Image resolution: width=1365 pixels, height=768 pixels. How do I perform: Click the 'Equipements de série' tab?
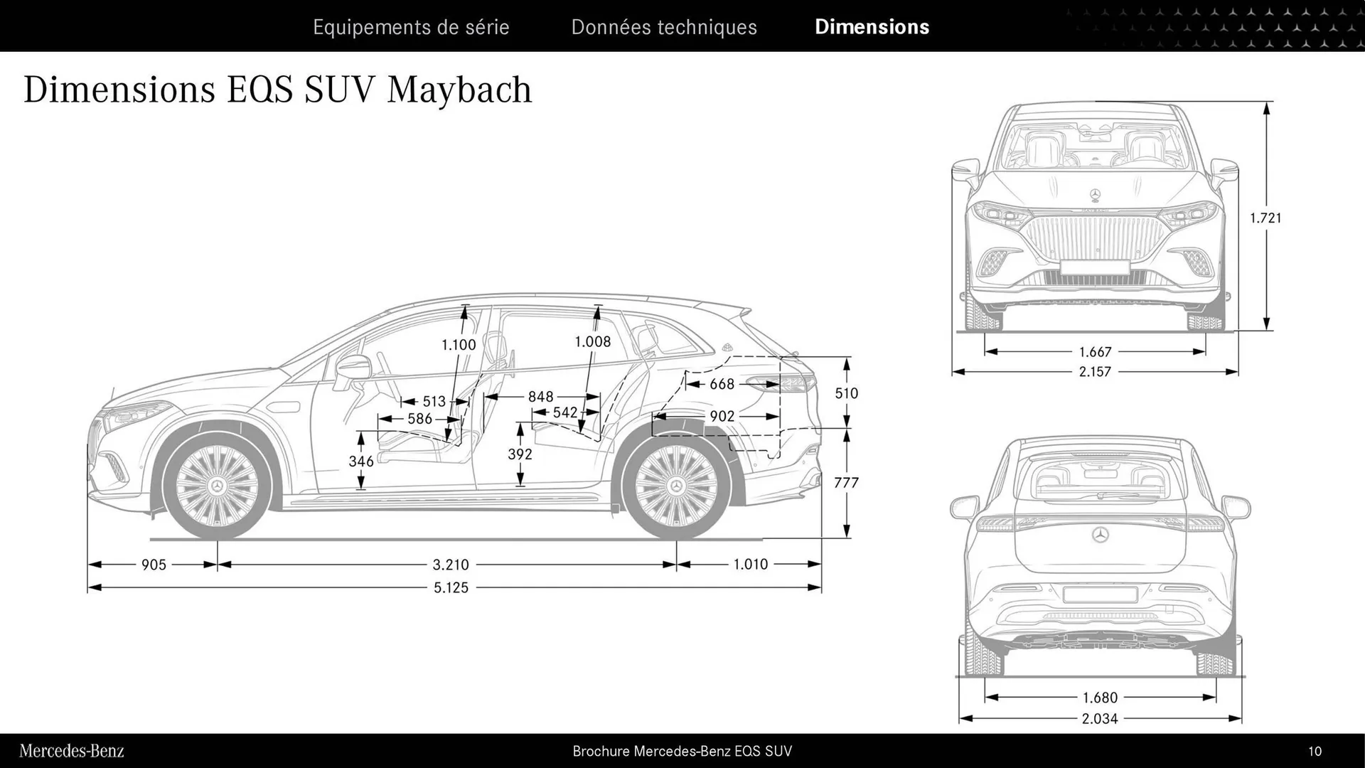411,27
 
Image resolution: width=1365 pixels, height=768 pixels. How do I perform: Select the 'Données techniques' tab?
664,27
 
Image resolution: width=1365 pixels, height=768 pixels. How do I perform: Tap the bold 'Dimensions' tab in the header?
872,27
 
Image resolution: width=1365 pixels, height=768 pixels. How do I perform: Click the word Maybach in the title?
459,90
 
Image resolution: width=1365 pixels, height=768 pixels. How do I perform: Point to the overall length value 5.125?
451,588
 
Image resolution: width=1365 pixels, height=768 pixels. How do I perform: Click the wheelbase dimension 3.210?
451,565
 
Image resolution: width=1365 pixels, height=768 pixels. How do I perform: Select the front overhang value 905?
154,565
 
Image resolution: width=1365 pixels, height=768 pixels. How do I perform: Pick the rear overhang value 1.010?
751,564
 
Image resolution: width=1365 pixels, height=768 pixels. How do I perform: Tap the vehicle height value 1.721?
1265,218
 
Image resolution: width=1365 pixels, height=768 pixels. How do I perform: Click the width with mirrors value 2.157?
1095,371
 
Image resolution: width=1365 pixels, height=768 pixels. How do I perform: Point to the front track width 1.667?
1095,352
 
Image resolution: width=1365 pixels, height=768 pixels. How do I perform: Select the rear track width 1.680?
1100,698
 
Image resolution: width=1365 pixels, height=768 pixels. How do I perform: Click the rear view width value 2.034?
1100,719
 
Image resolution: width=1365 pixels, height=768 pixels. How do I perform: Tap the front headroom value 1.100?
459,345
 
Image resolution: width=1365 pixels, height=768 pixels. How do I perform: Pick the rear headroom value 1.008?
592,341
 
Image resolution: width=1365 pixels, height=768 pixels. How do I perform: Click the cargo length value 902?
722,416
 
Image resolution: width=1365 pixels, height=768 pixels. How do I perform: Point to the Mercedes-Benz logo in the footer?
72,751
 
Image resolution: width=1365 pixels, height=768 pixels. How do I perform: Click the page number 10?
1315,751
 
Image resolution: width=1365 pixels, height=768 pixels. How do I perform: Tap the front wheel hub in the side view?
217,486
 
